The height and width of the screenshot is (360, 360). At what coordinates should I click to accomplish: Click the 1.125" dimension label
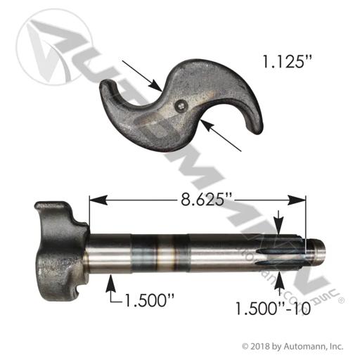[287, 63]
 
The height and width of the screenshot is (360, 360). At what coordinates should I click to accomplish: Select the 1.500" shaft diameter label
[149, 300]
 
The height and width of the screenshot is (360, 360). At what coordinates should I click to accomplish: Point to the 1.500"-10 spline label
[273, 309]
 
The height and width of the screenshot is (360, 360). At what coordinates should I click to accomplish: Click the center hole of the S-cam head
[181, 105]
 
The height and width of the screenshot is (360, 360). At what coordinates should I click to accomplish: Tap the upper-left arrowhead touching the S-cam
[155, 85]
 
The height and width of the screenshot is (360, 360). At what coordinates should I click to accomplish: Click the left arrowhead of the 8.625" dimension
[98, 200]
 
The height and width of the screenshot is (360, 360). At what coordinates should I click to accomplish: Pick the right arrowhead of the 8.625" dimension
[297, 200]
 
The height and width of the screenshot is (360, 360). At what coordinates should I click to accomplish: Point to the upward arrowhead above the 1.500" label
[111, 283]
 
